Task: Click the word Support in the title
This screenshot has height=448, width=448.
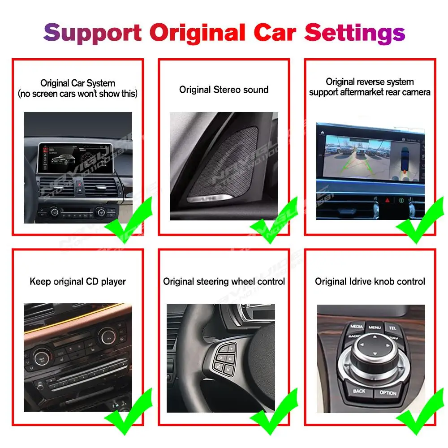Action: [93, 33]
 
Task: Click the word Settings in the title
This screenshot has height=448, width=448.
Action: [355, 33]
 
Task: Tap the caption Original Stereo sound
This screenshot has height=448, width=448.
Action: [224, 90]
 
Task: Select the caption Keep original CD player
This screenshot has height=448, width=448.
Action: [78, 282]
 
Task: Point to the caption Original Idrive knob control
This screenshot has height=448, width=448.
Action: [370, 282]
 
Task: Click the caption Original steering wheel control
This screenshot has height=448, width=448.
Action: [224, 282]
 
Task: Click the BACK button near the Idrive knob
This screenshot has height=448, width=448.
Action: [358, 391]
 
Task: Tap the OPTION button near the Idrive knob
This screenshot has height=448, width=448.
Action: [388, 392]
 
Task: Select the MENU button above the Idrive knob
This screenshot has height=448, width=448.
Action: [375, 327]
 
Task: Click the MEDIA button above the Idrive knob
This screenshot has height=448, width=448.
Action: [357, 327]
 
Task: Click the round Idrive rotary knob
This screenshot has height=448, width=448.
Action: [373, 355]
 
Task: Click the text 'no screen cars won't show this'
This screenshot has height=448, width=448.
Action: [78, 94]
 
